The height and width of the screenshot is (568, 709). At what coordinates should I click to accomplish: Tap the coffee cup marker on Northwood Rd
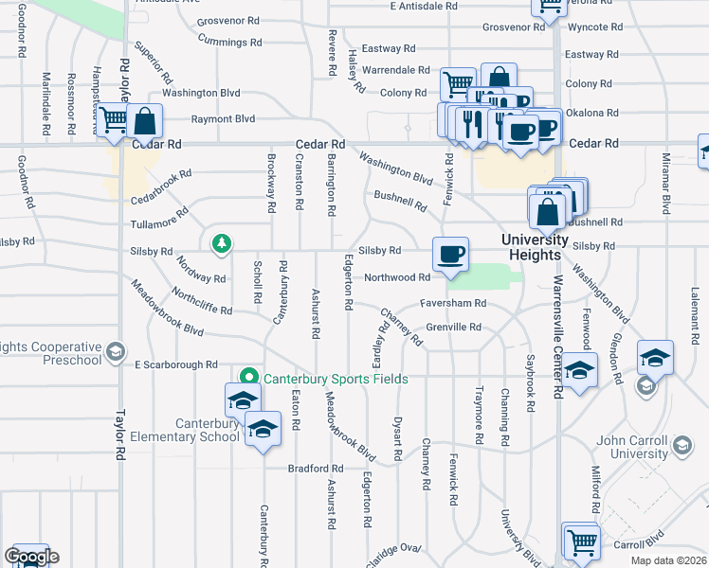(x=450, y=255)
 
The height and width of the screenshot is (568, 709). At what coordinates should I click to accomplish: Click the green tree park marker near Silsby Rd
(x=222, y=245)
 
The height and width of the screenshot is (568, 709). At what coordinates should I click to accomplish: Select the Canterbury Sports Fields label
(x=336, y=379)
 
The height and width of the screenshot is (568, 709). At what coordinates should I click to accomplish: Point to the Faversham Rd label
(x=455, y=303)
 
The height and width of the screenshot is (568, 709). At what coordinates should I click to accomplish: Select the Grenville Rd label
(x=454, y=328)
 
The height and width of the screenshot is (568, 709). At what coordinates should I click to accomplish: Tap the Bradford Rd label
(x=317, y=469)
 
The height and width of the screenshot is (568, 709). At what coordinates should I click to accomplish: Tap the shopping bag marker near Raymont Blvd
(x=145, y=121)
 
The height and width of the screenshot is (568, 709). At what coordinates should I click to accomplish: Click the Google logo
(x=31, y=557)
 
